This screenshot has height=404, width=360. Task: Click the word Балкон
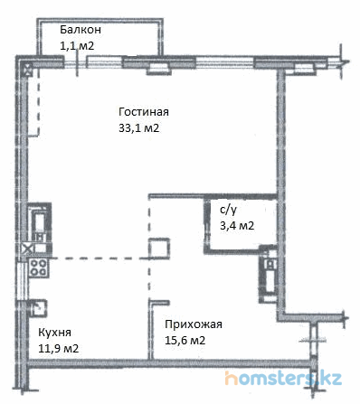(81, 30)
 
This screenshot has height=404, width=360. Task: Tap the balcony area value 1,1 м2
(77, 46)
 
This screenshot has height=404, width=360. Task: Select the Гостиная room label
(144, 112)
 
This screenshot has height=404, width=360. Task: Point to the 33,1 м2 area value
(138, 128)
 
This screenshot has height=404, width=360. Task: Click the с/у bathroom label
(228, 210)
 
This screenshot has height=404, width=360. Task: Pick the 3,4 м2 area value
(237, 225)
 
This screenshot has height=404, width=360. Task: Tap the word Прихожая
(194, 324)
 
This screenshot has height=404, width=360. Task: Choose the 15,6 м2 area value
(185, 341)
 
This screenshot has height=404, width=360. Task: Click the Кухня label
(54, 333)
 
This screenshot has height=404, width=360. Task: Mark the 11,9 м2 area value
(58, 349)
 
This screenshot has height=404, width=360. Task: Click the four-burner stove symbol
(39, 268)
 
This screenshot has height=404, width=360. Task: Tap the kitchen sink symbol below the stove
(38, 307)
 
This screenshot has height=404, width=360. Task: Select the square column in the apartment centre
(159, 248)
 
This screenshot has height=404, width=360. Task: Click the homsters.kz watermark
(283, 378)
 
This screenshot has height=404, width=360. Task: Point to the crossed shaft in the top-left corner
(27, 70)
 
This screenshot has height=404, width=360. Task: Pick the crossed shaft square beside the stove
(27, 249)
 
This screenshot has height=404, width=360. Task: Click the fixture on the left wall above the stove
(39, 223)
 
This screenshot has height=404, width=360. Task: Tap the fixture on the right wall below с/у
(268, 275)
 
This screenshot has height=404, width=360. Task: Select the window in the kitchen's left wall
(23, 280)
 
